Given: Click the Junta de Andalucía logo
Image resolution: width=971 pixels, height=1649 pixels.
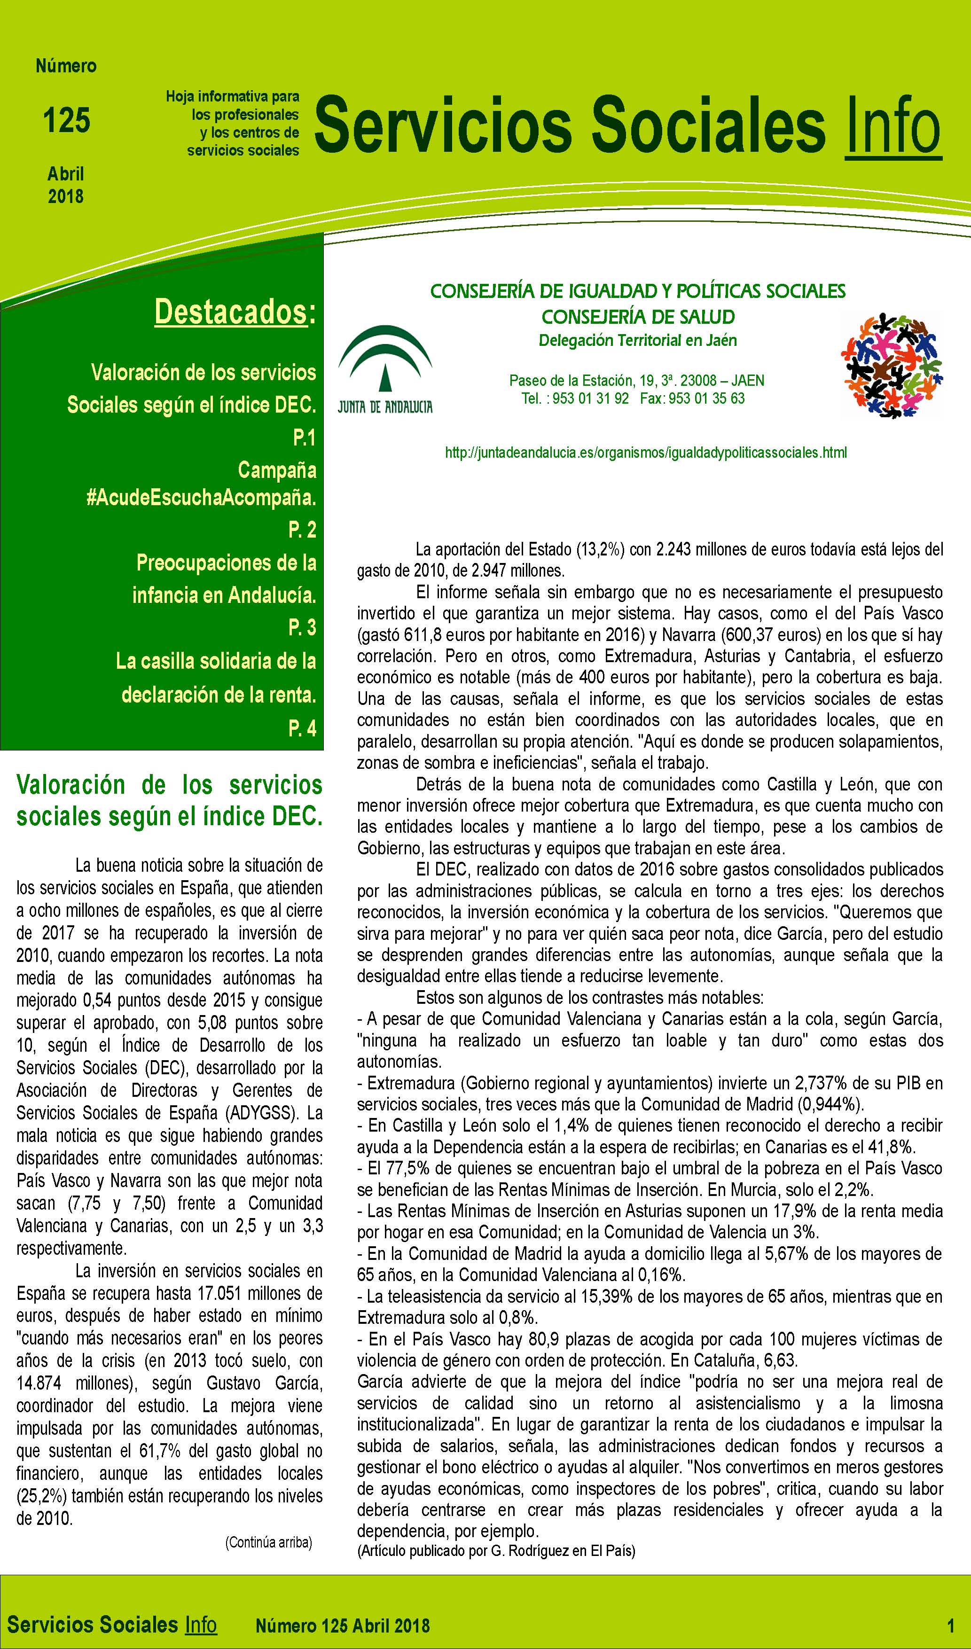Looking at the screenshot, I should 385,370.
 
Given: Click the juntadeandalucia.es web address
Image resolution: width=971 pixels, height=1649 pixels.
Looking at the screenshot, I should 645,452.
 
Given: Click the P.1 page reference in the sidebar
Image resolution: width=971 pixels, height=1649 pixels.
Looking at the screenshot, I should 304,438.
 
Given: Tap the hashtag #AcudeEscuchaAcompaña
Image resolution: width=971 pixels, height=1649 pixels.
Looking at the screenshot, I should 201,498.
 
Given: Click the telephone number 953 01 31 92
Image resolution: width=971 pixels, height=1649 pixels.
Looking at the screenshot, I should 590,399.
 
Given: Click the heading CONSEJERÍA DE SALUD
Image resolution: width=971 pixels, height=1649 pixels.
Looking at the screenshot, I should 638,317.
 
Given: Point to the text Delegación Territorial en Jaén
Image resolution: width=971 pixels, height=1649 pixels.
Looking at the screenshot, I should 637,340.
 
